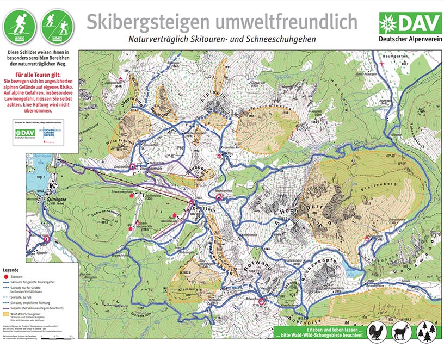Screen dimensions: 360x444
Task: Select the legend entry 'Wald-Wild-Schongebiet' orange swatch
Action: pos(7,314)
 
